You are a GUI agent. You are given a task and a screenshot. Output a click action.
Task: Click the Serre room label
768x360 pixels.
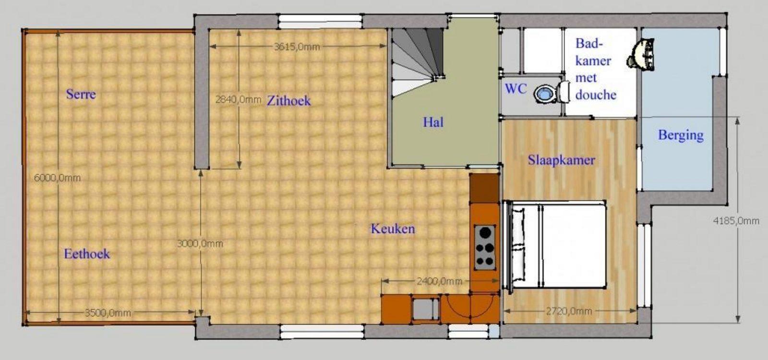81,94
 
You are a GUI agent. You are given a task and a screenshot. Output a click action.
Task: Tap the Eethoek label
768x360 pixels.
87,254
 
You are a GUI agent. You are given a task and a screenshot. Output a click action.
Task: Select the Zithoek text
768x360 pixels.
288,101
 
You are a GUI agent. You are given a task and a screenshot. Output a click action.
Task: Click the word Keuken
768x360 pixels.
393,228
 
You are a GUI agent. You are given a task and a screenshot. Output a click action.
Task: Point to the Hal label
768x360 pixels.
433,122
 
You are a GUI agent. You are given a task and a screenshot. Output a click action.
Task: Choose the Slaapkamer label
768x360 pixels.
561,160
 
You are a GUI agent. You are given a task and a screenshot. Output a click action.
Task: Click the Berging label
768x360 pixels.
681,135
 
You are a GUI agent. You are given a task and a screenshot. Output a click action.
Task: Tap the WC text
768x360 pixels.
516,89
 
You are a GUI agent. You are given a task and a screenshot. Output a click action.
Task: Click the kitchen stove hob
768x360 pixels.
485,247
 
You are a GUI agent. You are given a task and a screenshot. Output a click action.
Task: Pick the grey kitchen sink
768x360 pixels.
425,309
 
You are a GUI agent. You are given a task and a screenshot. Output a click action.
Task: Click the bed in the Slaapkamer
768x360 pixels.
555,245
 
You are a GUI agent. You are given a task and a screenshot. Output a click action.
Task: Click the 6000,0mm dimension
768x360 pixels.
57,178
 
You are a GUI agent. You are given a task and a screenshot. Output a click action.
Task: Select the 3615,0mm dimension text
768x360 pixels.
297,47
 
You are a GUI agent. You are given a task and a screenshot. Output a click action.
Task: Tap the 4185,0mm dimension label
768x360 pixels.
736,221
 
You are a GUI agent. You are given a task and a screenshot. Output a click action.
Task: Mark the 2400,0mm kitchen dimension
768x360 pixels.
440,281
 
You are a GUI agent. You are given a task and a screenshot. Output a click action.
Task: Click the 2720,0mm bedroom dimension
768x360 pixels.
569,312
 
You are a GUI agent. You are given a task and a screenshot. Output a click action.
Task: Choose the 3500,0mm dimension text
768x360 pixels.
108,312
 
